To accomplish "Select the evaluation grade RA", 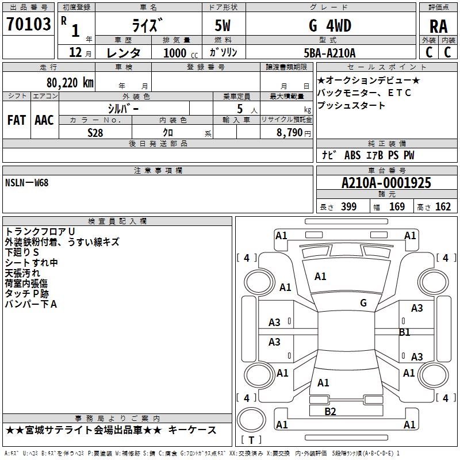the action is coord(438,26).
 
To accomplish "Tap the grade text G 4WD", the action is coord(329,25).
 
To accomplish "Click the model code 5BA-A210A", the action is coord(329,53).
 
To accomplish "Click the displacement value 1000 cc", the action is coord(178,53).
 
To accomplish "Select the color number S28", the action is coord(95,132).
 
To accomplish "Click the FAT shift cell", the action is coord(17,120).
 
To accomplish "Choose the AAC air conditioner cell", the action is coord(44,120).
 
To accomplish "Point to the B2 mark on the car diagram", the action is coord(330,411).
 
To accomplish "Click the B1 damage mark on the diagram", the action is coord(405,332).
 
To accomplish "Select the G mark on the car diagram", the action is coord(363,303).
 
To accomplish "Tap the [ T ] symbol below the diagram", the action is coord(251,440).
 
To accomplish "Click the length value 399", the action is coord(349,207).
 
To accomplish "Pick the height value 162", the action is coord(443,207).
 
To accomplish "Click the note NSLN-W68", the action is coord(26,182).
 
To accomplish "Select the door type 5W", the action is coord(224,25).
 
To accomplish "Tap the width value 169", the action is coord(397,207).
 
